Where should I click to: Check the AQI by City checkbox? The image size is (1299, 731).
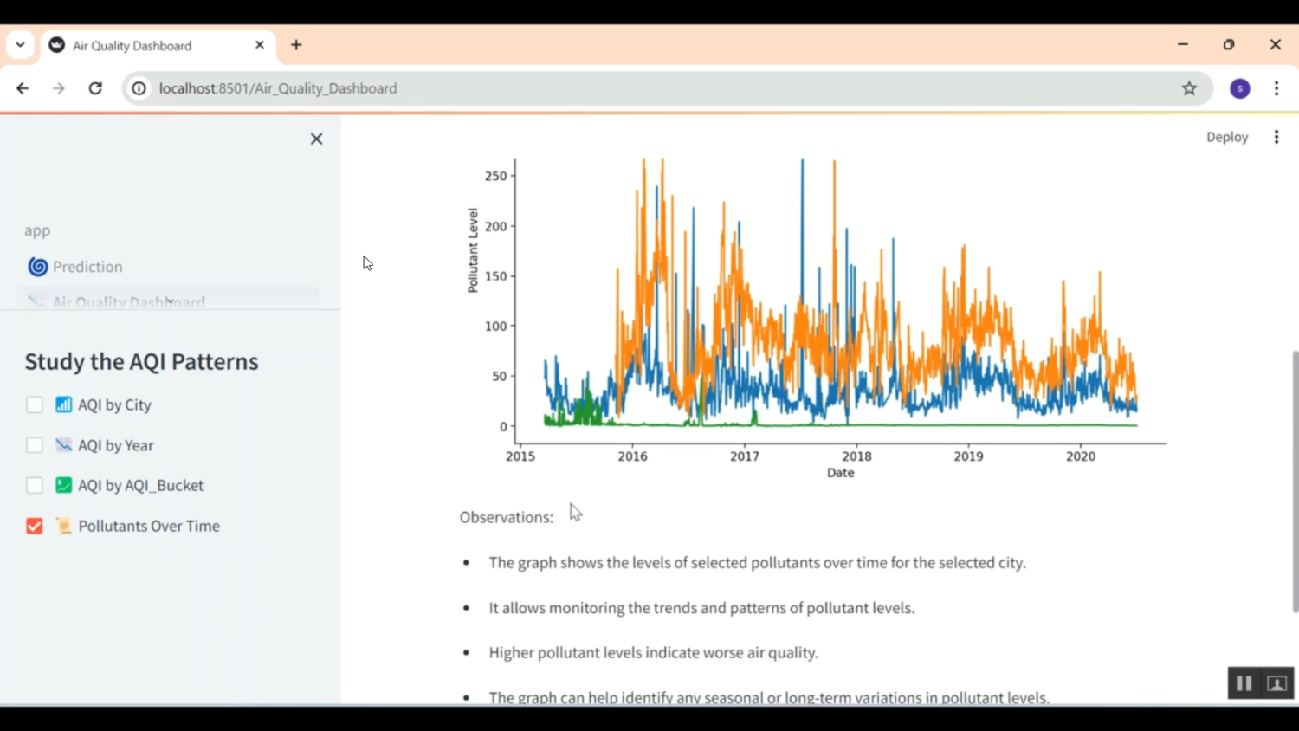point(35,404)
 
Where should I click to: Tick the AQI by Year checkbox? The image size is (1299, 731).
point(35,445)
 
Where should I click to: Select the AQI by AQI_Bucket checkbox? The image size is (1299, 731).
point(35,485)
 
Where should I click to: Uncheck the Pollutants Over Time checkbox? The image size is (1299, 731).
point(35,526)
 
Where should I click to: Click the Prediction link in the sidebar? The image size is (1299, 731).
point(87,267)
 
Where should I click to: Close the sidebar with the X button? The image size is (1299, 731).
point(316,139)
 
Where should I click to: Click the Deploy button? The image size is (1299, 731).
point(1226,137)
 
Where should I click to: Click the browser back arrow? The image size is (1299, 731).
point(23,88)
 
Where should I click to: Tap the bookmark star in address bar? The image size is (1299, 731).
point(1189,88)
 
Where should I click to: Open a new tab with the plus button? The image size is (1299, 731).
point(296,45)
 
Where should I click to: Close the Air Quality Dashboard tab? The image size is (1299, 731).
point(260,45)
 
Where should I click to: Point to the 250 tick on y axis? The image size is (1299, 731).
point(495,176)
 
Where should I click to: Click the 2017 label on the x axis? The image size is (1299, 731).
point(744,456)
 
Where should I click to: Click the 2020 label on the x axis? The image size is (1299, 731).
point(1080,456)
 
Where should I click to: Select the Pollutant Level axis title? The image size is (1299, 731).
point(473,250)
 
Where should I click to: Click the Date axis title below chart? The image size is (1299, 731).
point(840,473)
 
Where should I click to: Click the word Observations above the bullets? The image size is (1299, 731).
point(506,517)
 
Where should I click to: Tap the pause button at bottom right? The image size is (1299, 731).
point(1244,683)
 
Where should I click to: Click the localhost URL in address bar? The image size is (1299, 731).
point(278,88)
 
